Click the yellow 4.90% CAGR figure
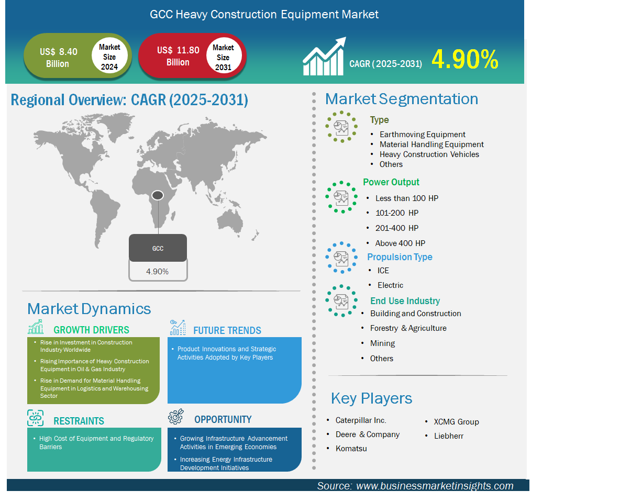464,60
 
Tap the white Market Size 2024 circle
109,57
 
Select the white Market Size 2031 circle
224,55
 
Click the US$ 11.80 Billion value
178,56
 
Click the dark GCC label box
158,248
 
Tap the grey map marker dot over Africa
158,195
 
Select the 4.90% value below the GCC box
158,272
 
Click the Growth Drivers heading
91,330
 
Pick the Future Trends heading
227,330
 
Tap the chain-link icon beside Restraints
36,418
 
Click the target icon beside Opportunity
176,417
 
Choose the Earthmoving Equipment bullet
422,135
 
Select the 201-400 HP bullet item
396,228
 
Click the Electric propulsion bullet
390,285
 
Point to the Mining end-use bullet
382,343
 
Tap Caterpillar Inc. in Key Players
361,420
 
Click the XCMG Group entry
456,422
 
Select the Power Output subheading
391,182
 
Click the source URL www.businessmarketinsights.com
435,486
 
